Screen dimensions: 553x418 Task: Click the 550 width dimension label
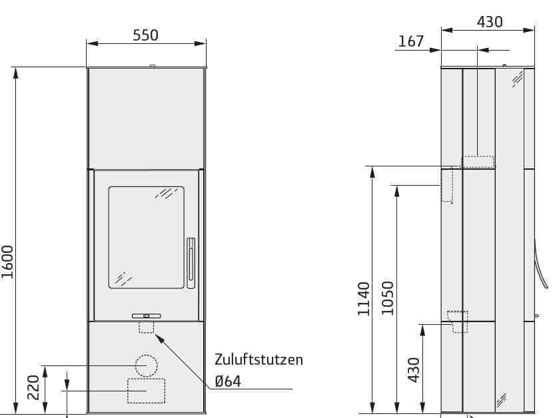point(145,35)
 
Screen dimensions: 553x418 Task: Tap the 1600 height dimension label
point(7,262)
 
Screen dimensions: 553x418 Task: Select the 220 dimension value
point(33,387)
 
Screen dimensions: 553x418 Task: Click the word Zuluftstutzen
point(259,359)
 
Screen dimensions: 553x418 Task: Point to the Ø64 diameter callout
point(228,381)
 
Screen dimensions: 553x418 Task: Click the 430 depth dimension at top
point(490,22)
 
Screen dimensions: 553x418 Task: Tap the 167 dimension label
point(411,41)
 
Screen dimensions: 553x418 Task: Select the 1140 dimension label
point(364,299)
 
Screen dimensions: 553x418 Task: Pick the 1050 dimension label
point(388,298)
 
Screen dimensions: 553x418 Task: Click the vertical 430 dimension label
point(414,370)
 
